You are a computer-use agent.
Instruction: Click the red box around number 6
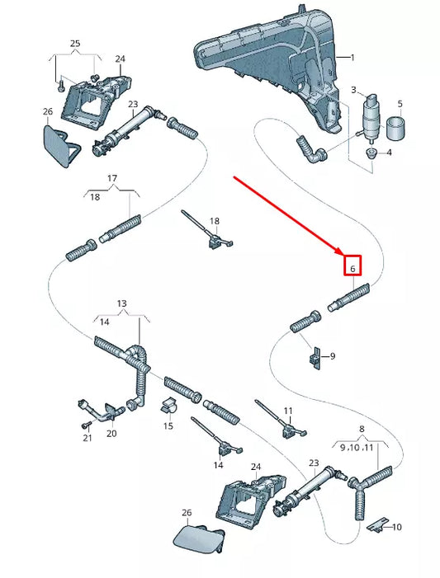(352, 266)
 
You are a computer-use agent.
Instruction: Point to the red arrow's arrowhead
(339, 251)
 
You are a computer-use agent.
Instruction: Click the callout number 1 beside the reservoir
(352, 58)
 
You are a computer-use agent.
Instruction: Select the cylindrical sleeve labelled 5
(395, 128)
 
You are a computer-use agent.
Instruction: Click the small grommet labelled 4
(371, 153)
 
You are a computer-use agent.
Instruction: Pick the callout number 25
(75, 43)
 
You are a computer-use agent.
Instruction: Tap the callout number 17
(112, 178)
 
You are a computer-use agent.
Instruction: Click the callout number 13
(122, 303)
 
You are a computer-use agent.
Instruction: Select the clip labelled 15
(168, 406)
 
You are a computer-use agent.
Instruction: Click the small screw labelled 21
(86, 425)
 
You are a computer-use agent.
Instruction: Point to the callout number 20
(111, 434)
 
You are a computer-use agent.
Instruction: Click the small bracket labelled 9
(315, 358)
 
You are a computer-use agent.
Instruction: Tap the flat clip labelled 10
(378, 524)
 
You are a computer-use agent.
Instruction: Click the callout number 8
(362, 429)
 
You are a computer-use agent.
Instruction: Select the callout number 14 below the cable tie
(219, 465)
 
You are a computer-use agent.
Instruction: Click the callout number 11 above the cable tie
(288, 411)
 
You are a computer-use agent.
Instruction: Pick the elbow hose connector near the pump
(310, 150)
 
